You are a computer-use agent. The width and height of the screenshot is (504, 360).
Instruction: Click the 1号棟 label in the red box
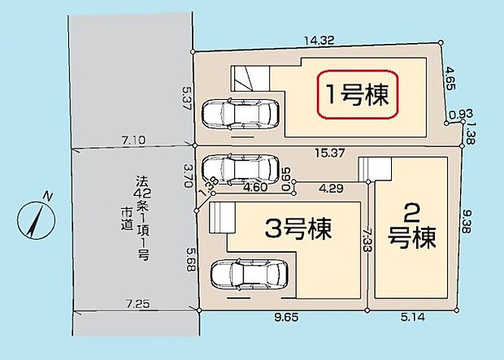click(357, 96)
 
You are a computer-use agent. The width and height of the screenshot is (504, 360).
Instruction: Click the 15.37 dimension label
click(329, 150)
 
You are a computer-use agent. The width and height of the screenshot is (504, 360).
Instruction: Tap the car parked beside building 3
click(249, 275)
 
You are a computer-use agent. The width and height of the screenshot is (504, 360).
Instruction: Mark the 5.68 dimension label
click(188, 260)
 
